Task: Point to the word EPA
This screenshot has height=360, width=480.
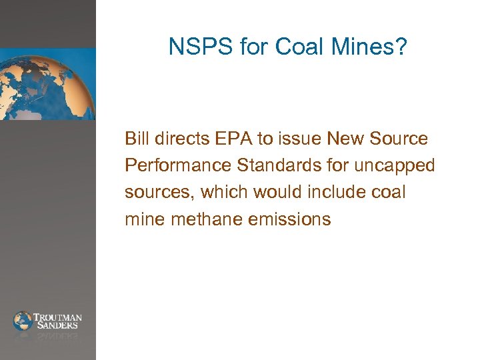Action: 231,139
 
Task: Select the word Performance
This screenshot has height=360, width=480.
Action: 172,166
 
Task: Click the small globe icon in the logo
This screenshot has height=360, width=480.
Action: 23,321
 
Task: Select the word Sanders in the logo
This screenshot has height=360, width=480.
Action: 59,325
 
